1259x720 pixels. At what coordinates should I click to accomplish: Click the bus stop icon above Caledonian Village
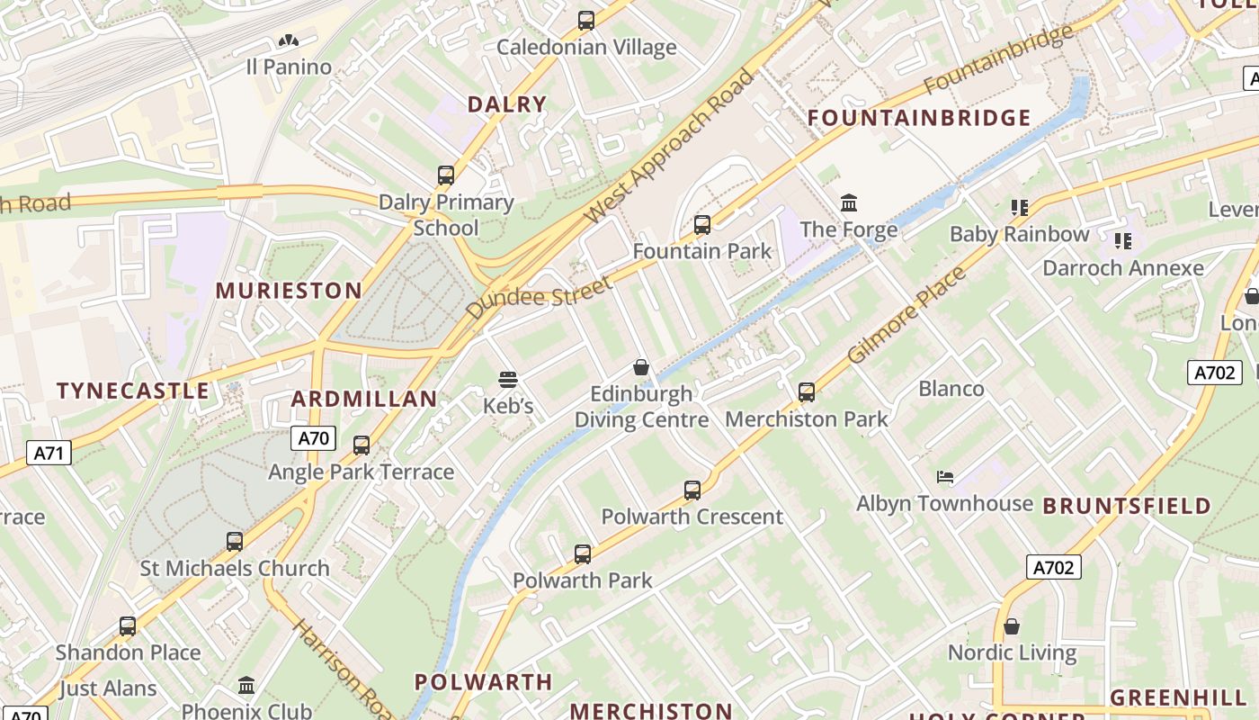coord(586,20)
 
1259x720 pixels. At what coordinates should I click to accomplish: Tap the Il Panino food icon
coord(288,40)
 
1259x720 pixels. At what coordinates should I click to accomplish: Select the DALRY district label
coord(506,104)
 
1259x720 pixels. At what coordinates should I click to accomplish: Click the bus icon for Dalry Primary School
coord(446,175)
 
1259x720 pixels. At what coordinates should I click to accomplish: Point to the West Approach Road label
coord(670,146)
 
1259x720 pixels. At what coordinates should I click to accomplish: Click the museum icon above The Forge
coord(849,202)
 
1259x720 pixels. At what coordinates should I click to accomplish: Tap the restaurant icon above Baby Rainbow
coord(1019,208)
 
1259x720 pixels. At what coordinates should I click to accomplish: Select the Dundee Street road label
coord(539,297)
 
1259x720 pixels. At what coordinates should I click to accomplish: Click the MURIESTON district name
coord(289,291)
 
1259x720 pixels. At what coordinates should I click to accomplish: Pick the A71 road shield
coord(49,453)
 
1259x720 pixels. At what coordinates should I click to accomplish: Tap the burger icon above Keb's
coord(508,380)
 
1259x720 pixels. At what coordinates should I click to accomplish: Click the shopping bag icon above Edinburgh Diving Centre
coord(641,367)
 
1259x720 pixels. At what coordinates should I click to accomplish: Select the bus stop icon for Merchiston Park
coord(807,392)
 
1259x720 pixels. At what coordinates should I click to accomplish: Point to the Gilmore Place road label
coord(906,314)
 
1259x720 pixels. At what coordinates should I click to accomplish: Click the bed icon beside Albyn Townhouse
coord(944,476)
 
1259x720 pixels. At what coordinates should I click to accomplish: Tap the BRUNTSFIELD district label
coord(1127,507)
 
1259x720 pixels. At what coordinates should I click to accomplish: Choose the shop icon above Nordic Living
coord(1012,626)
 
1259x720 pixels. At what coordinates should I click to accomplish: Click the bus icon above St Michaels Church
coord(235,542)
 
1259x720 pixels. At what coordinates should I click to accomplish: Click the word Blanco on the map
coord(951,389)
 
